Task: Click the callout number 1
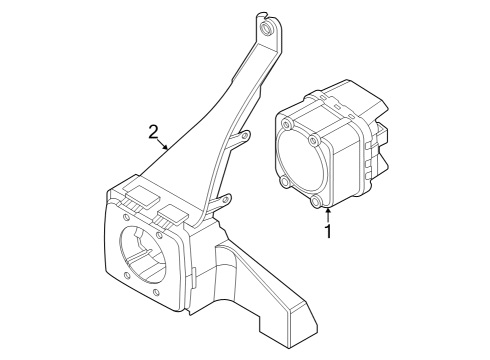pyautogui.click(x=326, y=232)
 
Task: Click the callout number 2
pyautogui.click(x=153, y=131)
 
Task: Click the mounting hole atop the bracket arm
pyautogui.click(x=267, y=30)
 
